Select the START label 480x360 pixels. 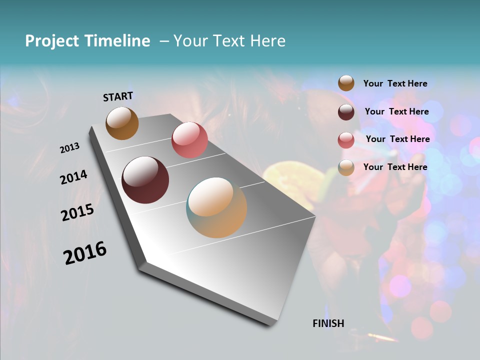point(118,96)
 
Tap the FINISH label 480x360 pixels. point(328,323)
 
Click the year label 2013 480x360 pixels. point(70,148)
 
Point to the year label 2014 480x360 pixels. point(73,177)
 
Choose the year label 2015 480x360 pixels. point(77,212)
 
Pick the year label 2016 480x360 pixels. point(85,252)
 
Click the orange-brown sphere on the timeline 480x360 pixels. point(122,123)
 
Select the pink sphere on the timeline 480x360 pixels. point(189,140)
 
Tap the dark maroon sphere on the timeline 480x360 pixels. point(145,180)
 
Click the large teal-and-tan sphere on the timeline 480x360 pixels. point(216,207)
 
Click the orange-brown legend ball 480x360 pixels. point(346,83)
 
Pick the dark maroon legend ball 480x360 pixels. point(346,112)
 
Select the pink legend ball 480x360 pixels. point(346,140)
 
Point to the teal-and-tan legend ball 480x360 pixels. point(346,168)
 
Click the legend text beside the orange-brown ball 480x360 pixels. point(395,83)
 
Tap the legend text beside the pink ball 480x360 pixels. point(397,139)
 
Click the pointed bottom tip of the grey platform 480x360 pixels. point(272,324)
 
